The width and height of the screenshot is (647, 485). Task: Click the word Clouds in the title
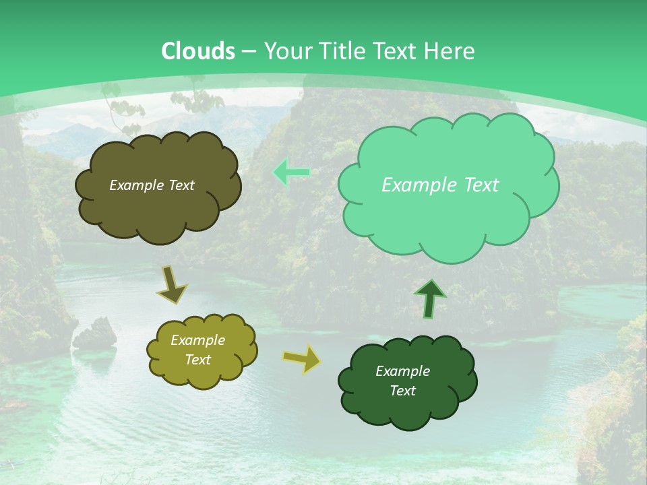coord(198,51)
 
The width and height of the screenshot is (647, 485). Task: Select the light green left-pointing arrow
coord(291,173)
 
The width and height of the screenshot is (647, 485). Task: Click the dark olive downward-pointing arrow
coord(172,284)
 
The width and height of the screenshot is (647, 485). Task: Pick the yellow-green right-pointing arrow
coord(302,359)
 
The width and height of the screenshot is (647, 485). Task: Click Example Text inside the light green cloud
coord(440,185)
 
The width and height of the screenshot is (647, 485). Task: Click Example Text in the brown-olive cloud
coord(152,185)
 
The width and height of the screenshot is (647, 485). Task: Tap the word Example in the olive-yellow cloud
coord(197,341)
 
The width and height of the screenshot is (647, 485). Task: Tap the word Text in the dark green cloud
coord(402,391)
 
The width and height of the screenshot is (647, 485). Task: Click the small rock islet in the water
coord(95,334)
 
